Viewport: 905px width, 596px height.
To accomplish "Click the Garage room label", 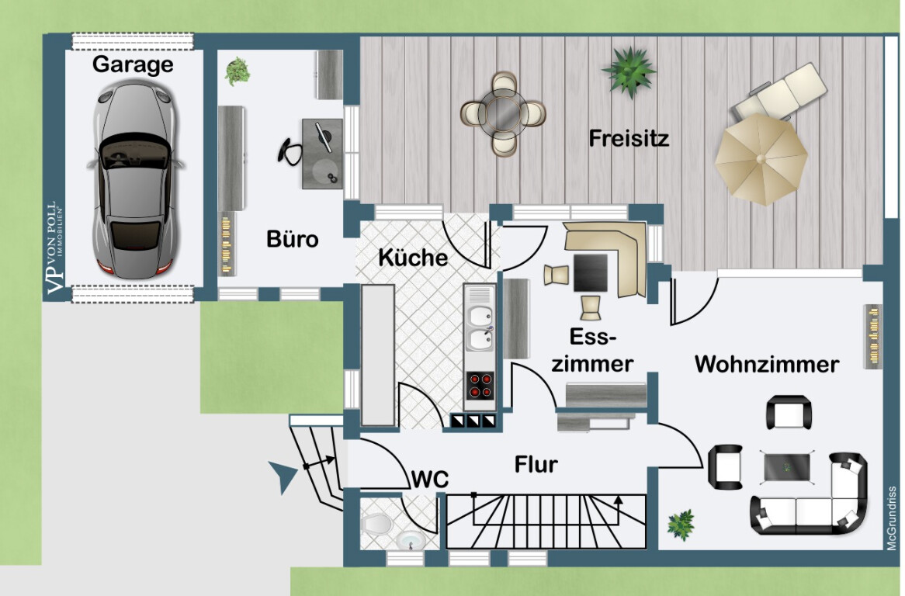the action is tap(133, 64).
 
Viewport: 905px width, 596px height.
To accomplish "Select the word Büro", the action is tap(293, 239).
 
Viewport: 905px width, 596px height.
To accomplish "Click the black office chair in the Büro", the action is tap(290, 152).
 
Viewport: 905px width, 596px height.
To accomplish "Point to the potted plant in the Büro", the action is tap(238, 71).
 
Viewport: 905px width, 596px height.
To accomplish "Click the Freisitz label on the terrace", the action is tap(629, 138).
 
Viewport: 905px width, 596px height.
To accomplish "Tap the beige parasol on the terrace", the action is tap(761, 158).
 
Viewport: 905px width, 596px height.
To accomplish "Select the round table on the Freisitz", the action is tap(504, 114).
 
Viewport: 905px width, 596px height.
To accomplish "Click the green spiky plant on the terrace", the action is tap(629, 71).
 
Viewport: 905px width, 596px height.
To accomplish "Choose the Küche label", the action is tap(413, 258).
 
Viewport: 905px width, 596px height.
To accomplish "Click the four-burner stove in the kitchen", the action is tap(480, 386).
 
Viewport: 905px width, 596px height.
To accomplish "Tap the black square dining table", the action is tap(591, 273).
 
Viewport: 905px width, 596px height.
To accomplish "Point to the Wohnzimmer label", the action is tap(767, 364).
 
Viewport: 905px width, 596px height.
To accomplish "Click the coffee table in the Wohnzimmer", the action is tap(787, 467).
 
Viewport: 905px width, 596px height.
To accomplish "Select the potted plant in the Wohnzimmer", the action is tap(681, 525).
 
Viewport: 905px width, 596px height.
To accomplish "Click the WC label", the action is tap(430, 480).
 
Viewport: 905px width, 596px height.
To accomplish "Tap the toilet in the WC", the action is tap(376, 524).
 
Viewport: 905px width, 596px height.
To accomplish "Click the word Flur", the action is tap(536, 464).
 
